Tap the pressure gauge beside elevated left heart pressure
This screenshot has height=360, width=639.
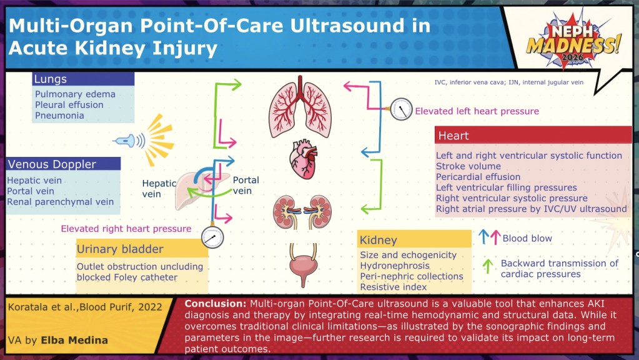(x=402, y=110)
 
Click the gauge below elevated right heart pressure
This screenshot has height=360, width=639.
(x=212, y=238)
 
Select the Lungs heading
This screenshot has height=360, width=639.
(x=51, y=79)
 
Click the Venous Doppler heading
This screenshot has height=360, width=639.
(x=52, y=164)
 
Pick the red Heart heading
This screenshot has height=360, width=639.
(x=453, y=136)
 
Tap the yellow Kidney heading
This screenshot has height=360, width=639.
(x=379, y=240)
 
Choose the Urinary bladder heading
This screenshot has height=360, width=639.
(x=120, y=249)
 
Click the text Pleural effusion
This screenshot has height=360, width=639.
(x=69, y=105)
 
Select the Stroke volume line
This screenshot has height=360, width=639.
(x=468, y=166)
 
